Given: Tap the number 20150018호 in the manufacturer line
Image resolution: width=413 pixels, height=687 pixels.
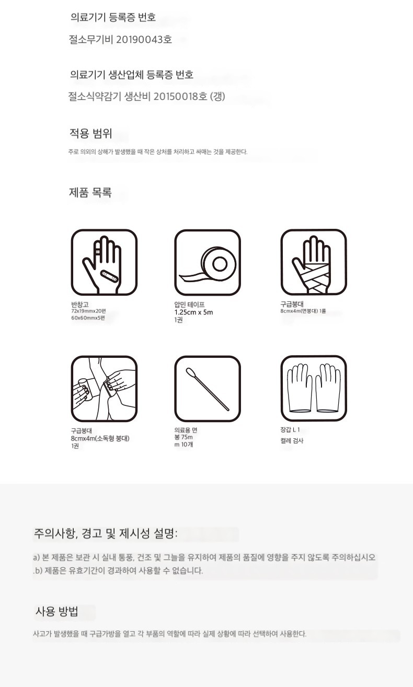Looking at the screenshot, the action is click(x=180, y=97).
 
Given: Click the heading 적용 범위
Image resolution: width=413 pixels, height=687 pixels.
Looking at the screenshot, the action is click(x=90, y=133).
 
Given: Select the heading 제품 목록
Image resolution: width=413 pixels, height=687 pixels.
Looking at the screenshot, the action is click(x=90, y=192).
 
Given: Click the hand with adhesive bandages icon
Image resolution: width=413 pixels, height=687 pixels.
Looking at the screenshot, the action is click(x=104, y=262).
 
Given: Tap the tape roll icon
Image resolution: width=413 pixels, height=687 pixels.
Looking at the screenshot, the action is click(x=208, y=262).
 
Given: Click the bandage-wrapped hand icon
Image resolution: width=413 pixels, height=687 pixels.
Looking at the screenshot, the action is click(x=314, y=262).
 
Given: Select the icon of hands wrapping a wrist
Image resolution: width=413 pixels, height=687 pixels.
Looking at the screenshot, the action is click(x=104, y=389).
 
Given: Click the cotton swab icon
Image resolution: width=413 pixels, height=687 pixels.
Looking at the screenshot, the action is click(x=208, y=389).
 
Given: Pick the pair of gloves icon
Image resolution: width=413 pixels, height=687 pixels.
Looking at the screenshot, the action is click(x=314, y=389).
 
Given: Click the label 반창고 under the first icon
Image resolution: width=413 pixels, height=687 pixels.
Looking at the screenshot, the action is click(x=80, y=304).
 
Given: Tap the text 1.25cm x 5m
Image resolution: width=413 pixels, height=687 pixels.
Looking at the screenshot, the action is click(x=193, y=312).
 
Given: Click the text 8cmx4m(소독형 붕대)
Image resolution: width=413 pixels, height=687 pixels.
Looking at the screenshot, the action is click(x=100, y=438).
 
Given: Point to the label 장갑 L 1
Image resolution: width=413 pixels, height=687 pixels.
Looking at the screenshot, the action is click(x=290, y=429).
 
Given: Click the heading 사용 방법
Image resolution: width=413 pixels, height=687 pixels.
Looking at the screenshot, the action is click(x=57, y=611).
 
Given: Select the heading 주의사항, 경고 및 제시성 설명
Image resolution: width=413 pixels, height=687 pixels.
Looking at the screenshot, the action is click(x=106, y=533).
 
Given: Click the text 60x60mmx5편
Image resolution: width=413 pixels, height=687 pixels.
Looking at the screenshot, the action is click(x=88, y=318).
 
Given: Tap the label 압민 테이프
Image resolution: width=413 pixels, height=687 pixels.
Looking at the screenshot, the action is click(x=189, y=305).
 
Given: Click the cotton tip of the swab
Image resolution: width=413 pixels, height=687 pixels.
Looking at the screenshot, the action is click(x=190, y=372).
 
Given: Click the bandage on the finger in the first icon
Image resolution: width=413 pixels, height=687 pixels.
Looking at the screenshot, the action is click(x=98, y=249).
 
